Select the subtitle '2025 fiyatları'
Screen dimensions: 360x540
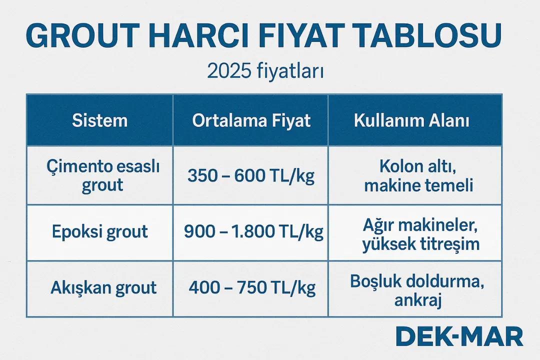point(265,72)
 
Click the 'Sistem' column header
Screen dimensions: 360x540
point(100,120)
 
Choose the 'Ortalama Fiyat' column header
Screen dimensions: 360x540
point(251,120)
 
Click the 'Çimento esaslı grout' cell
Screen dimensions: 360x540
point(102,175)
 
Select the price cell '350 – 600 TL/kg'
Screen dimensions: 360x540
point(251,176)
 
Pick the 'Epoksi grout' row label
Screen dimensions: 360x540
point(100,232)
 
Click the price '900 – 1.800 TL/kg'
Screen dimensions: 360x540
point(253,232)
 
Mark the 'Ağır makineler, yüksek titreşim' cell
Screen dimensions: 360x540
point(421,234)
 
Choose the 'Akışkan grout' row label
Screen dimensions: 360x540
point(103,288)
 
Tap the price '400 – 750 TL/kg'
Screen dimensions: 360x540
point(252,288)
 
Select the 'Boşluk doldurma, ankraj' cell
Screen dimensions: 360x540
point(417,290)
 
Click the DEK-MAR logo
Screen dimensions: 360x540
point(459,336)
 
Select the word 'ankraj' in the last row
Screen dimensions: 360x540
point(417,300)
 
